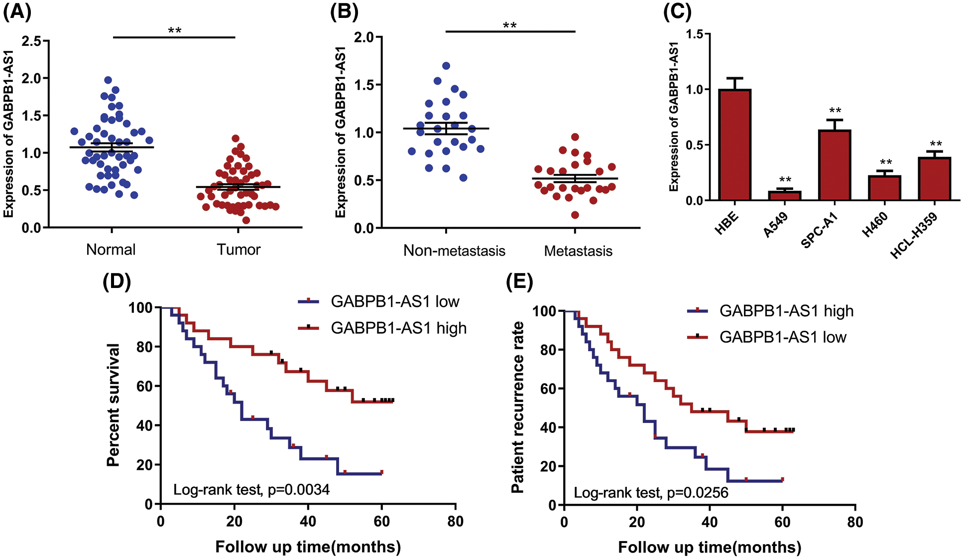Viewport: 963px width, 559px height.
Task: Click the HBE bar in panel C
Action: pyautogui.click(x=734, y=145)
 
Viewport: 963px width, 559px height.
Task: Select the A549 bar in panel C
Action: pyautogui.click(x=785, y=196)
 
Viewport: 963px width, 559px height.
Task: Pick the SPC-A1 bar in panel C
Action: pyautogui.click(x=835, y=165)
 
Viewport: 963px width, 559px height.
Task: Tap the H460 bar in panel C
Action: pyautogui.click(x=885, y=188)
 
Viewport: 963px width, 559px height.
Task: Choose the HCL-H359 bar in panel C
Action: pyautogui.click(x=935, y=179)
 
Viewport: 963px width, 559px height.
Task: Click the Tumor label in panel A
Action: pyautogui.click(x=238, y=249)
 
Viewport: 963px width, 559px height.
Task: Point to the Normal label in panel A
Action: pyautogui.click(x=111, y=249)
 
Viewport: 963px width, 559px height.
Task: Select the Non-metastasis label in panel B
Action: pyautogui.click(x=454, y=250)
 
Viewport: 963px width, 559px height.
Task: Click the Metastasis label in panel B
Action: pyautogui.click(x=578, y=251)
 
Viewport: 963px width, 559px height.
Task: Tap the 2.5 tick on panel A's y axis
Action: pyautogui.click(x=31, y=41)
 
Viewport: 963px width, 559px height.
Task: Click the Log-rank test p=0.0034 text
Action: pyautogui.click(x=251, y=490)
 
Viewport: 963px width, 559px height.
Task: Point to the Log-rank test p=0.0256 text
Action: pyautogui.click(x=651, y=493)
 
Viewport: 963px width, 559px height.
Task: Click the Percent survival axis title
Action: pyautogui.click(x=114, y=405)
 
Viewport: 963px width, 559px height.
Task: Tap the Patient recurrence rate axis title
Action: pyautogui.click(x=518, y=407)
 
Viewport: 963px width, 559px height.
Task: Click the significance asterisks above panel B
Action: pyautogui.click(x=509, y=25)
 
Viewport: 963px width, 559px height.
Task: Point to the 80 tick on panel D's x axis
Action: pyautogui.click(x=455, y=521)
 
